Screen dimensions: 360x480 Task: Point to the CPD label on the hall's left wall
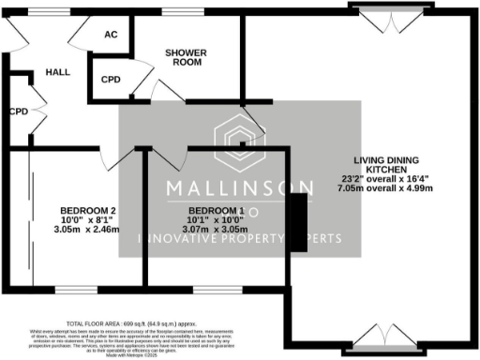point(18,111)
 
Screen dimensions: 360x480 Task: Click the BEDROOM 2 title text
point(86,209)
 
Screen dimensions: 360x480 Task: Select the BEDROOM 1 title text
point(217,209)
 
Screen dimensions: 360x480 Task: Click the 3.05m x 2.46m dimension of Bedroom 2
point(86,229)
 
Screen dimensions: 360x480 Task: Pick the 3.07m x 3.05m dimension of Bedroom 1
point(217,229)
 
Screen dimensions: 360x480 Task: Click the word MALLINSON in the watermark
point(240,187)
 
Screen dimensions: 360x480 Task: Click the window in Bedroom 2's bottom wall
point(80,287)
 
